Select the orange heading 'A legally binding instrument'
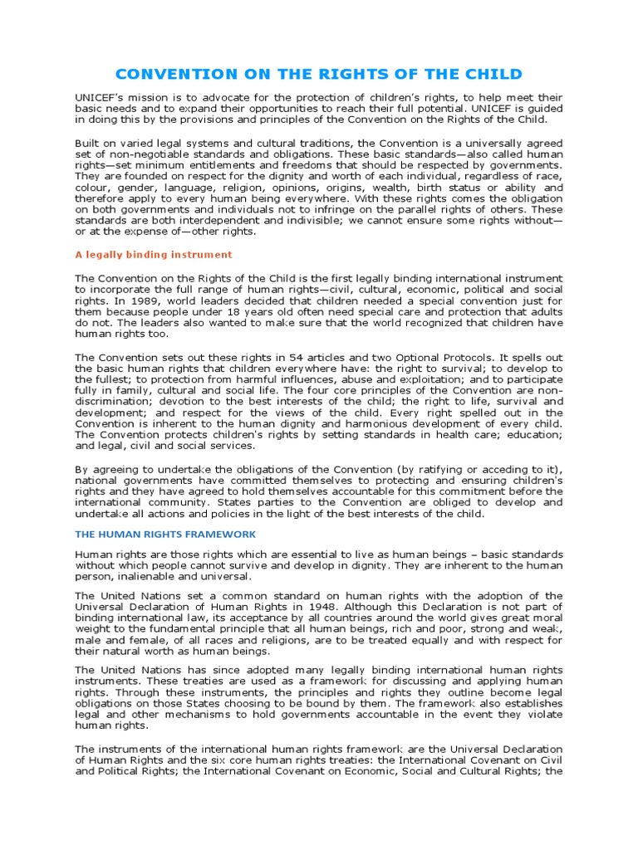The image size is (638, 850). (x=154, y=254)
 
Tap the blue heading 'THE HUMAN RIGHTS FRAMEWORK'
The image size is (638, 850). (x=165, y=534)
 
